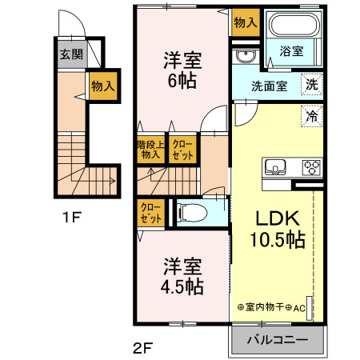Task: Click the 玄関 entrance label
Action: tap(70, 55)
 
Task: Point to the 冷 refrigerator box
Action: tap(312, 115)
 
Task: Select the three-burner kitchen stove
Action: tap(311, 168)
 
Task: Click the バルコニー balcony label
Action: tap(277, 339)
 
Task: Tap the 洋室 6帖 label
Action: tap(182, 70)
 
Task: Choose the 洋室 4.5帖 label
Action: tap(183, 275)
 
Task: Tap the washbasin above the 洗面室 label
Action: tap(244, 56)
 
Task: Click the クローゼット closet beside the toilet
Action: tap(150, 214)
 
